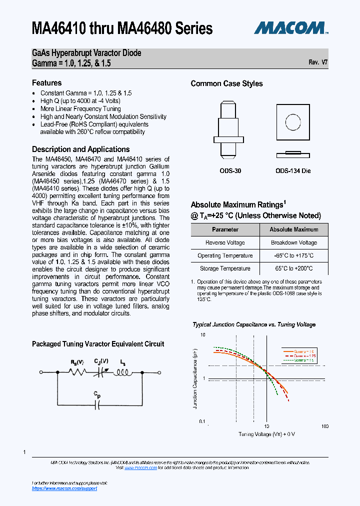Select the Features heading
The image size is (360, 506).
point(46,83)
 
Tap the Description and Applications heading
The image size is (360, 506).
point(80,149)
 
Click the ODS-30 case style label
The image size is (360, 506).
point(230,171)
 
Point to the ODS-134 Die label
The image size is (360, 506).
point(293,171)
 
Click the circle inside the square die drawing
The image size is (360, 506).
point(292,121)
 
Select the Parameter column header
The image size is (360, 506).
point(225,229)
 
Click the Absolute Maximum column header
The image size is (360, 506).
point(293,229)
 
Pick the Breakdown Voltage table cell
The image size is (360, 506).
point(293,242)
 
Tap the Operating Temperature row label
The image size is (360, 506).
point(225,255)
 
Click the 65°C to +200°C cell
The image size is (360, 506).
point(293,268)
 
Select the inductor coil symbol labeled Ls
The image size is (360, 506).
point(122,372)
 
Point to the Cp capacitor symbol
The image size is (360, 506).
point(98,404)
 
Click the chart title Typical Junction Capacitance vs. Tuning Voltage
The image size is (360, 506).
point(254,324)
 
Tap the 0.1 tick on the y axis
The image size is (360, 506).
point(202,421)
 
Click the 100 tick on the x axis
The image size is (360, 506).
point(324,426)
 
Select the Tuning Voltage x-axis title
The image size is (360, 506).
point(266,434)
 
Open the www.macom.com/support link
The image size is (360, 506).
point(64,488)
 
